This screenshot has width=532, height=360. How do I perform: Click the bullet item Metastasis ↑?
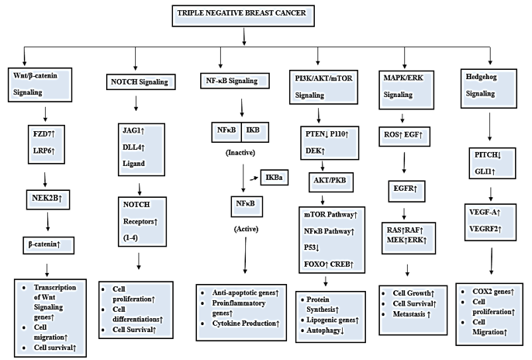(x=416, y=316)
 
